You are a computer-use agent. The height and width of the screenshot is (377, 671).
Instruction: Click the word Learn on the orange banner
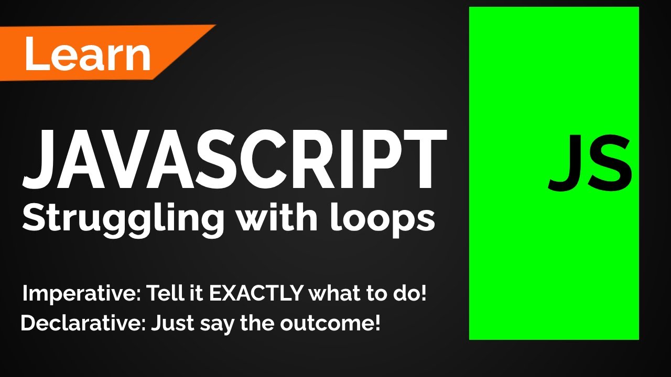(87, 54)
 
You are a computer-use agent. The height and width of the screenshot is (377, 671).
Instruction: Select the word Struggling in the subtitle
(123, 219)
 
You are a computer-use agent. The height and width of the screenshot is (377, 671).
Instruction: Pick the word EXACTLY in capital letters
(256, 294)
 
